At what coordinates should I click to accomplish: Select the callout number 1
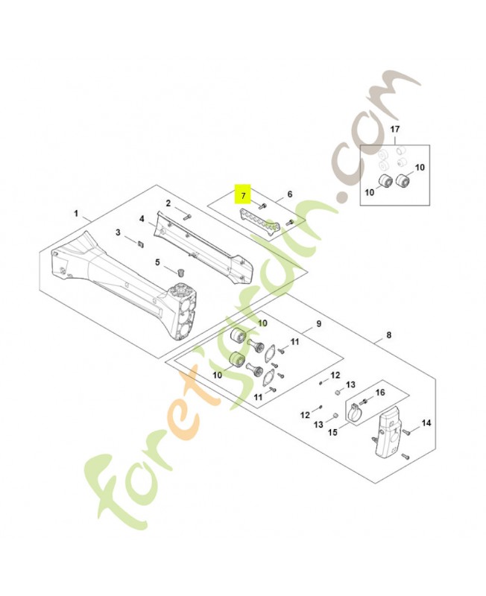[x=76, y=213]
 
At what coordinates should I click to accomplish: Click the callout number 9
[x=318, y=324]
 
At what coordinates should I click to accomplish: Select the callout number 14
[x=426, y=423]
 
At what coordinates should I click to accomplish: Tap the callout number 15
[x=333, y=431]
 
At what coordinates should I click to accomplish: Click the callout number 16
[x=380, y=392]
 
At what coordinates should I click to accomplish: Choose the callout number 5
[x=157, y=261]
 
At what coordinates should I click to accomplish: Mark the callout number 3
[x=118, y=233]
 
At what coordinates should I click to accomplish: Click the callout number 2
[x=168, y=203]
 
